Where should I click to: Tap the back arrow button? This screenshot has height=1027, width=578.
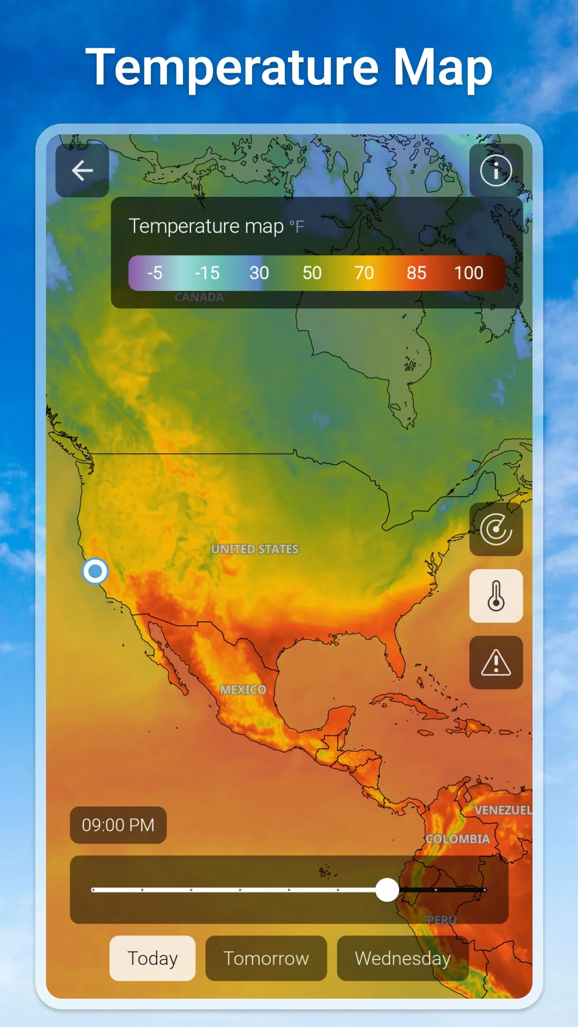pos(82,171)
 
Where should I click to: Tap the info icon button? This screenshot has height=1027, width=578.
pos(496,171)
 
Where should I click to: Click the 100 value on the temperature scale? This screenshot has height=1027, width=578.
pos(468,273)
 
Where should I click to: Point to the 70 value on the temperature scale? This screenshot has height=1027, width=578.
pos(364,273)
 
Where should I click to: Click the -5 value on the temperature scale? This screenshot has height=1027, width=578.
pos(155,273)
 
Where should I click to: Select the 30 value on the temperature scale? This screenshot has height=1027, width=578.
pos(259,273)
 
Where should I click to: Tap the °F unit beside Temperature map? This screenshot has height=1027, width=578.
pos(296,227)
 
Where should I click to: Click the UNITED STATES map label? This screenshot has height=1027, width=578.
pos(255,549)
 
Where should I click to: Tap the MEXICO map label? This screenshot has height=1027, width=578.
pos(243,690)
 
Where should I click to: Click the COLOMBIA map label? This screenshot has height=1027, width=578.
pos(458,839)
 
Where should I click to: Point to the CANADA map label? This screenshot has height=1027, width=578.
pos(199,297)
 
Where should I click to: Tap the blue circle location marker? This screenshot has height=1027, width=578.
pos(95,571)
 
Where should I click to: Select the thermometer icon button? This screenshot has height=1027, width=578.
pos(496,596)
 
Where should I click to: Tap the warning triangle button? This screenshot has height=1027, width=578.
pos(496,663)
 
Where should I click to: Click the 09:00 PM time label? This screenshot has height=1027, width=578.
pos(118,825)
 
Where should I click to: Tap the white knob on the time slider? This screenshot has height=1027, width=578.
pos(387,890)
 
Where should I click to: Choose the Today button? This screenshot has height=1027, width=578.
pos(153,958)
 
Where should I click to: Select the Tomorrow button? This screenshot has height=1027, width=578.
pos(266,958)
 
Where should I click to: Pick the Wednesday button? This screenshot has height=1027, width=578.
pos(402,958)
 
